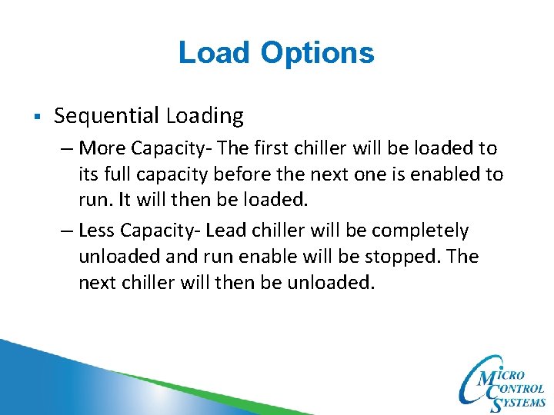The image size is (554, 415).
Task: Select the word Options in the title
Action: pyautogui.click(x=317, y=54)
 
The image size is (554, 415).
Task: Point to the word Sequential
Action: pyautogui.click(x=106, y=117)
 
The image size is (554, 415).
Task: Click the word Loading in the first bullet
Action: pyautogui.click(x=205, y=117)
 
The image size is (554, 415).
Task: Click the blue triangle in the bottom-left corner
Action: pyautogui.click(x=31, y=384)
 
